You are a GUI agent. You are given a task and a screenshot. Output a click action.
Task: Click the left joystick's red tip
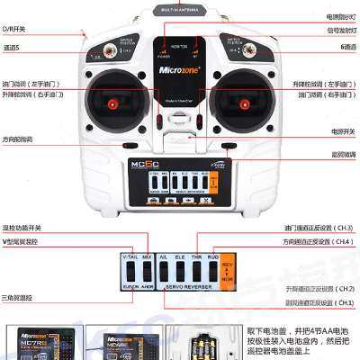(112, 104)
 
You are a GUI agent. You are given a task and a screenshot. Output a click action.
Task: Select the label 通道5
(12, 48)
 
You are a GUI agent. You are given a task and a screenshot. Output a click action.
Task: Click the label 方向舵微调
(17, 139)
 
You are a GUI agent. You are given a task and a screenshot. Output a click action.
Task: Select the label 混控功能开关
(22, 229)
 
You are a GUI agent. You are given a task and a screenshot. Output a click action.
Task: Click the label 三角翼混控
(17, 297)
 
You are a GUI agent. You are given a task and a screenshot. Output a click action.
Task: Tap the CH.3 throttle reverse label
(319, 229)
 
